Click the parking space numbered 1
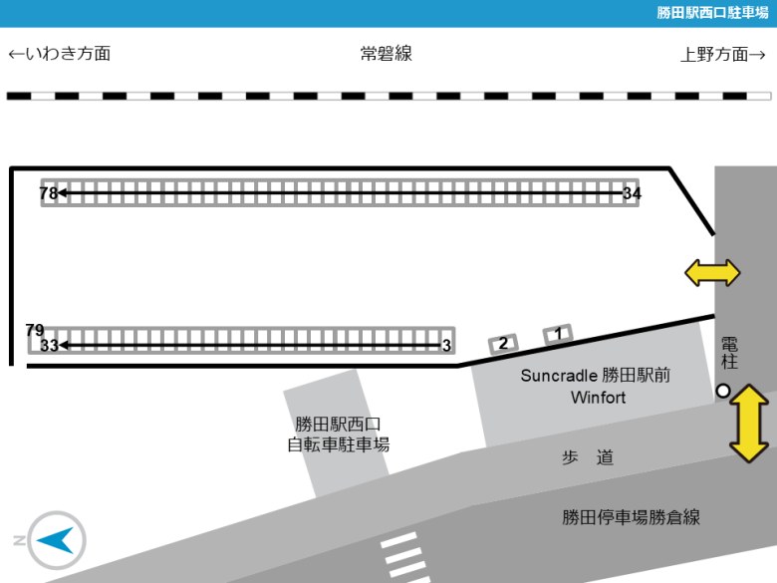[x=558, y=334]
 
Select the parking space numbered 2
[x=503, y=343]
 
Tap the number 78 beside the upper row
[x=49, y=193]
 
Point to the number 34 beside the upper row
[x=632, y=193]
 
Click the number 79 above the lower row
[x=35, y=330]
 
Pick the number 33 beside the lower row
[x=49, y=345]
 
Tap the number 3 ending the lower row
[x=446, y=345]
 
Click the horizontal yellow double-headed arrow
[x=712, y=273]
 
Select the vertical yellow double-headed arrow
[x=749, y=424]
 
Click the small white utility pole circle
[x=723, y=391]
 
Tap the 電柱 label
[x=729, y=353]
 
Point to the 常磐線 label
[x=387, y=54]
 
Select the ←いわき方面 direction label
[x=60, y=54]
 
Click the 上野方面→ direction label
[x=723, y=54]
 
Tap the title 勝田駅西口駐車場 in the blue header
[x=712, y=12]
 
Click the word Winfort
[x=598, y=397]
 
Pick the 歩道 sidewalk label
[x=588, y=457]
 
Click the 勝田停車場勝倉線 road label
[x=631, y=517]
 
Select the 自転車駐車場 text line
[x=339, y=444]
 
